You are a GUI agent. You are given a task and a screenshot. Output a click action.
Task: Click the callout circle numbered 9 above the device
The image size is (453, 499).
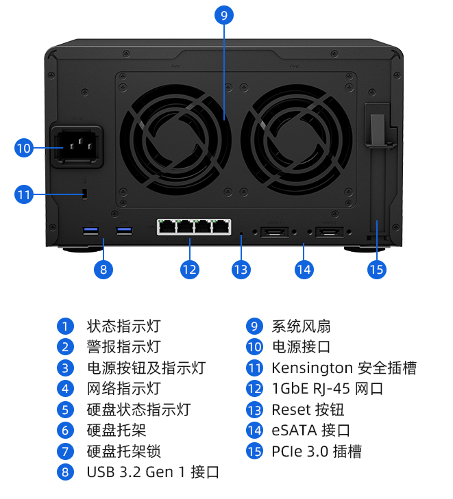tap(223, 15)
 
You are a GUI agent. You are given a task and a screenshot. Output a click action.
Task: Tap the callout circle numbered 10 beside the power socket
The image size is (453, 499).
tap(23, 147)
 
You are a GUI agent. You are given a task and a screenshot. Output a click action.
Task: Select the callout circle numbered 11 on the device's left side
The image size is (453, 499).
tap(23, 194)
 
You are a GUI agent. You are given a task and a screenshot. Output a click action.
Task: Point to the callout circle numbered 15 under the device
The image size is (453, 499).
tap(376, 269)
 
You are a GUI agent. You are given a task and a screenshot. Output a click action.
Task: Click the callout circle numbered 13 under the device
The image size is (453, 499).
tap(241, 269)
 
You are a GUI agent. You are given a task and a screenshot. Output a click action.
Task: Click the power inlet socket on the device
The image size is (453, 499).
tap(79, 144)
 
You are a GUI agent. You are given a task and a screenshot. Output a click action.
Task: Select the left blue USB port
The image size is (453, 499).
tap(90, 230)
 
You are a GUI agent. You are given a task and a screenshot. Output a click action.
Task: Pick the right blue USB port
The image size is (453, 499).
tap(124, 230)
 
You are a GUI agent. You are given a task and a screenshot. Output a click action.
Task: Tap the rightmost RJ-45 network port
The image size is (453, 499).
tap(221, 226)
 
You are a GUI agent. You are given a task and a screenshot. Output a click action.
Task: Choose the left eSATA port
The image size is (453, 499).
tap(275, 232)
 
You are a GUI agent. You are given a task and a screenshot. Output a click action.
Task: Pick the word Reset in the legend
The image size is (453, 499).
tap(291, 410)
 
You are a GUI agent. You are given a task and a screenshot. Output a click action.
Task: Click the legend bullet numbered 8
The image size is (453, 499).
tap(65, 472)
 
